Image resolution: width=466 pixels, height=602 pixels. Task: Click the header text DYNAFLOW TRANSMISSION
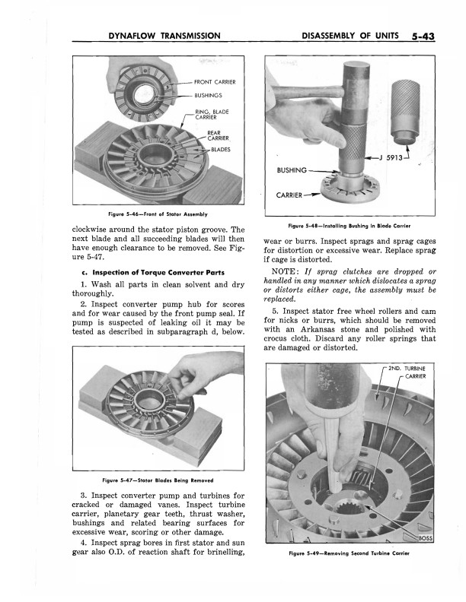(x=164, y=35)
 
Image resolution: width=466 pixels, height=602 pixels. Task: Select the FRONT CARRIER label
(x=215, y=81)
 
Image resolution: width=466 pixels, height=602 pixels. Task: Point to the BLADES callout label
(x=220, y=150)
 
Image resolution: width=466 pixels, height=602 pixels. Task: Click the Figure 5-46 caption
(x=158, y=214)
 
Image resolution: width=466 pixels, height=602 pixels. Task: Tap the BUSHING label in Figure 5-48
(x=292, y=170)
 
